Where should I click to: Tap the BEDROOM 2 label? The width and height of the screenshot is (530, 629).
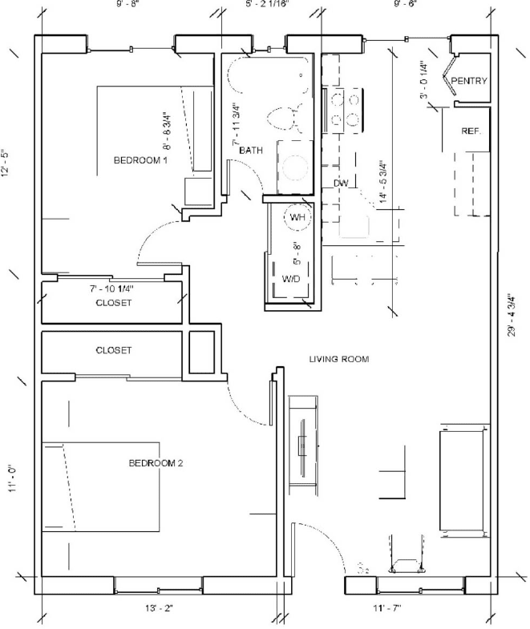point(157,463)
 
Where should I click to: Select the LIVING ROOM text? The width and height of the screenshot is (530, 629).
point(339,360)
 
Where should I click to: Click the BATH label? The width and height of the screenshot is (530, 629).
point(251,150)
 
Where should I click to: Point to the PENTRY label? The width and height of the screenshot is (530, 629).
point(469,82)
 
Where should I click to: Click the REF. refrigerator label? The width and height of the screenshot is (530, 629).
point(471,131)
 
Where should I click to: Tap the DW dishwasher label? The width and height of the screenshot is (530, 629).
point(341,183)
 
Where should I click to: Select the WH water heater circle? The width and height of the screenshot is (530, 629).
point(296,217)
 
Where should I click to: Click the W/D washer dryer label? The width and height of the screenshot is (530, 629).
point(291,279)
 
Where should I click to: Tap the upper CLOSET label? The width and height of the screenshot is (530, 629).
point(113,303)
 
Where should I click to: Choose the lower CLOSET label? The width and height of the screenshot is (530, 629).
point(113,351)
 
